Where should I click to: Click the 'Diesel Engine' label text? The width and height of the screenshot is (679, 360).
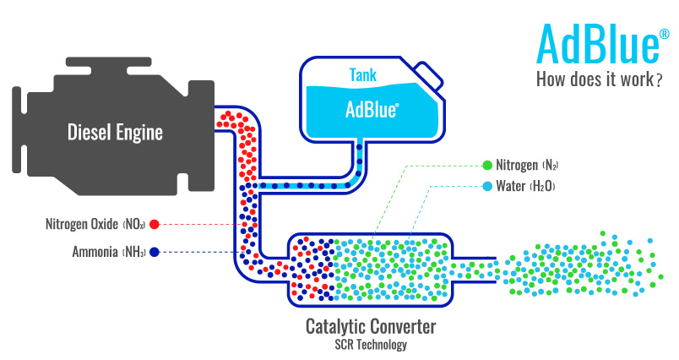(115, 132)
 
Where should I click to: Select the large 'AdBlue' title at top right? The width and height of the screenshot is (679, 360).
(595, 45)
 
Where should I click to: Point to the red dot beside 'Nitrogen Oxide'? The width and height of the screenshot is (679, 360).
(155, 225)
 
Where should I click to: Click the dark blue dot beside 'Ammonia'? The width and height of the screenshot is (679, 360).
(155, 252)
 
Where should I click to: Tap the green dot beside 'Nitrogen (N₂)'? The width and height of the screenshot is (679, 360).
(486, 165)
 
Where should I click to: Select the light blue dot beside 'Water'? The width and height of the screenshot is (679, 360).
(486, 186)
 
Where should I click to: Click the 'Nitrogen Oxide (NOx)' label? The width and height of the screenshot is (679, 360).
(95, 225)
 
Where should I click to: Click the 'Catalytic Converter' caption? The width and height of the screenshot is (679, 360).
(372, 326)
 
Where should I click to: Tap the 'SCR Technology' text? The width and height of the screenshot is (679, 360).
(372, 345)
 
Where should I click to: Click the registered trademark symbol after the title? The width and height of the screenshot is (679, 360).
(665, 35)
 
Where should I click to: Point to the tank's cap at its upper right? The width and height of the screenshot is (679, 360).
(429, 75)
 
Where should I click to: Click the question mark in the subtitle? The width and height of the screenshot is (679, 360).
(657, 81)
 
